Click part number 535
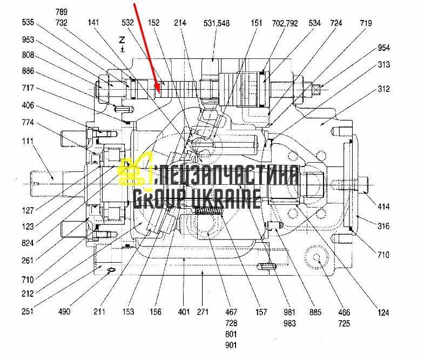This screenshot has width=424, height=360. point(28,22)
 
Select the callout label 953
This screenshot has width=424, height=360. point(28,40)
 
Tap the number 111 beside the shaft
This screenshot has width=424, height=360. point(28,141)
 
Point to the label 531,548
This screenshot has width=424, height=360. point(217,23)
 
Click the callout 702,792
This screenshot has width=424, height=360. point(285,23)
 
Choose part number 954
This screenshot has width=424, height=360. point(383,48)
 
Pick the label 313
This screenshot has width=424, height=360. point(383,64)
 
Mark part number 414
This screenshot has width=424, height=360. point(383,207)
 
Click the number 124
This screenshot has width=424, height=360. point(383,312)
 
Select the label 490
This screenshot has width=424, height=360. point(64,311)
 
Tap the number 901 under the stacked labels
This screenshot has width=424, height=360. point(231,345)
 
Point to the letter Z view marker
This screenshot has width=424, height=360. point(122,40)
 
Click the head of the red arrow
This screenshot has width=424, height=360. point(157,91)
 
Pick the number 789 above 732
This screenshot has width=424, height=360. point(62,12)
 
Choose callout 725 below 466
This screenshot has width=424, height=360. point(344,323)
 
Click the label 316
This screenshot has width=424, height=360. point(383,226)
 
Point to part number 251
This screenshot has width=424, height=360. point(28,311)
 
